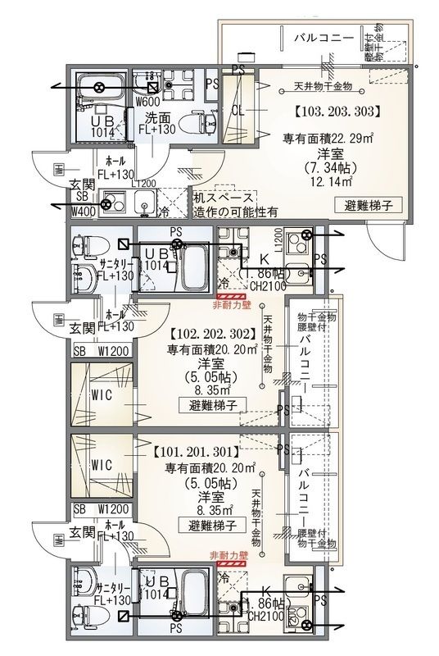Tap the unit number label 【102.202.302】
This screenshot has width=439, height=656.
pyautogui.click(x=214, y=334)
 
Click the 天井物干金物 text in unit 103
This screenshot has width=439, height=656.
pyautogui.click(x=323, y=85)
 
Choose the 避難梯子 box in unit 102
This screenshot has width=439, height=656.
pyautogui.click(x=208, y=404)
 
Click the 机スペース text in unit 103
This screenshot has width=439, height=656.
pyautogui.click(x=224, y=198)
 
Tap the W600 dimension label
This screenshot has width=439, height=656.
pyautogui.click(x=147, y=102)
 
